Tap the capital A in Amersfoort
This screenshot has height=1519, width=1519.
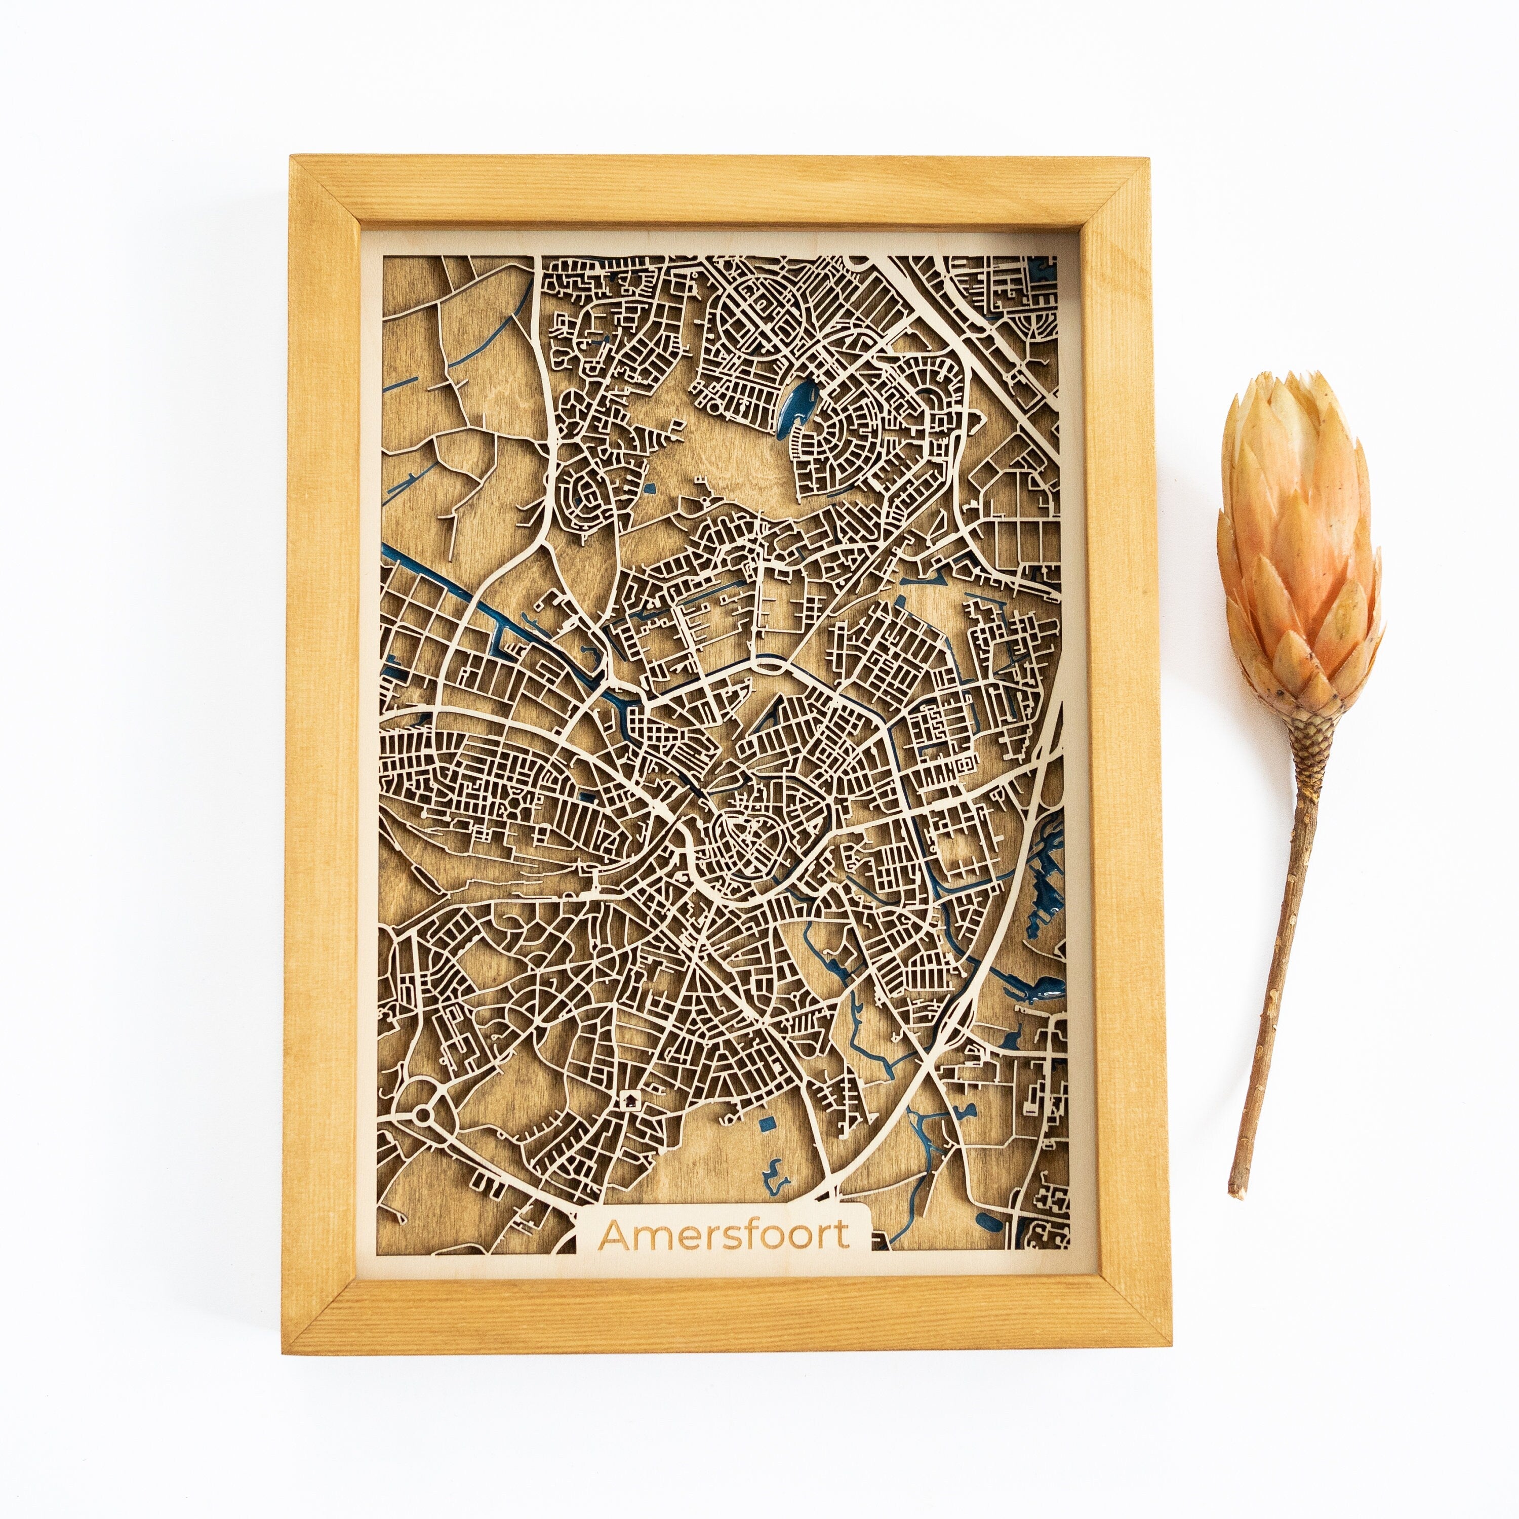616,1234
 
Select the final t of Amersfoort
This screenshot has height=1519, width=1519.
843,1234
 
